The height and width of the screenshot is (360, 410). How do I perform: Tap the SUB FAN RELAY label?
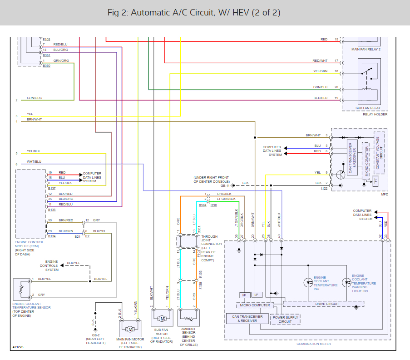pos(369,108)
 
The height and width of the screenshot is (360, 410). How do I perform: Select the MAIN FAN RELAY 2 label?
pos(366,49)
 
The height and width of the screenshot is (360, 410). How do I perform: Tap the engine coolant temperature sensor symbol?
pos(21,288)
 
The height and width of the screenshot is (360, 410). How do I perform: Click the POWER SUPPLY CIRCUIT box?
pos(285,320)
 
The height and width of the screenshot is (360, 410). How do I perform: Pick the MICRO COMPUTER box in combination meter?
pos(254,305)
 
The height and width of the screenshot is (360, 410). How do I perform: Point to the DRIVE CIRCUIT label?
pos(327,303)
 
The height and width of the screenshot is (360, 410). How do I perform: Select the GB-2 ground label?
pos(95,335)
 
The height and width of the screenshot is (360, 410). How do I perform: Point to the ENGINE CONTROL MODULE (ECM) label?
pos(30,245)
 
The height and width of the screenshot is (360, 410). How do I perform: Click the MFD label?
pos(384,195)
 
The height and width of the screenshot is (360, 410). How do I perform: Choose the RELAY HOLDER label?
pos(375,115)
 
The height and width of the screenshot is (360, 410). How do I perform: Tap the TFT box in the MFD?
pos(375,181)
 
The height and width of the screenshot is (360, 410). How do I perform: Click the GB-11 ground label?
pos(226,185)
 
